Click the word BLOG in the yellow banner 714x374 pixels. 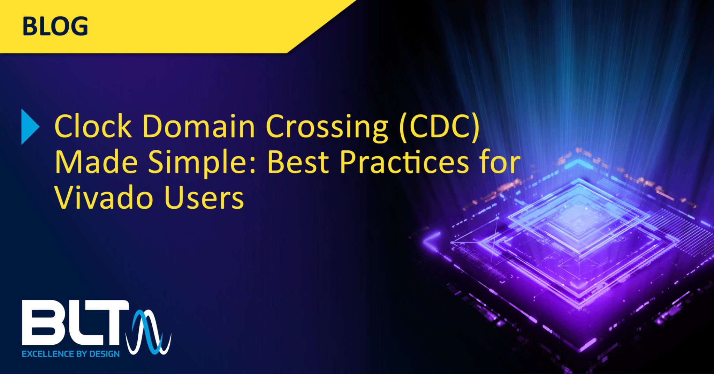point(55,27)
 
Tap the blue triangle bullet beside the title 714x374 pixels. point(29,127)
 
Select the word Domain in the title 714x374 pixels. point(199,127)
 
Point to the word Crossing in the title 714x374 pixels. point(327,127)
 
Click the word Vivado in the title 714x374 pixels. point(103,198)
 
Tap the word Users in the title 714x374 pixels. point(204,198)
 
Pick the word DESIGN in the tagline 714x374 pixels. point(104,354)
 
